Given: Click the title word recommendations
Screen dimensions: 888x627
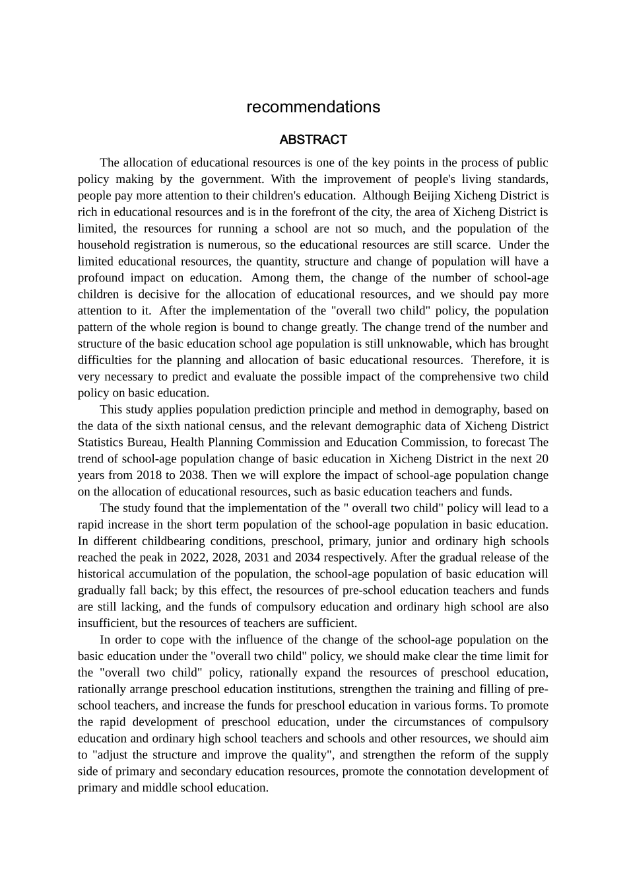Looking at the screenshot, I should pos(313,107).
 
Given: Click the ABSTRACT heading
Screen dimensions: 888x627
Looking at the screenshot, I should pos(313,140).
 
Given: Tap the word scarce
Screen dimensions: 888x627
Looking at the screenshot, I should pos(472,245).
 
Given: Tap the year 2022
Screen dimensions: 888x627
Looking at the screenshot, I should pos(193,558).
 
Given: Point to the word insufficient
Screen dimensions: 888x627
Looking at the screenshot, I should pos(106,623).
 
